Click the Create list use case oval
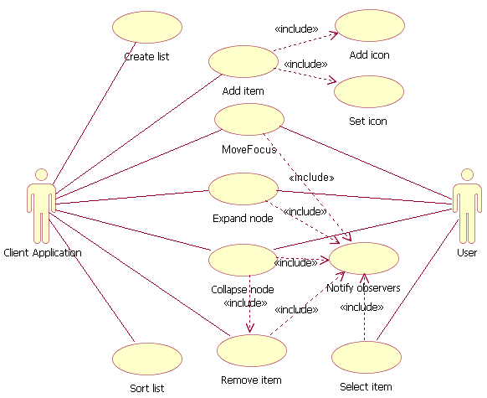(147, 27)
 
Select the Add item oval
(243, 62)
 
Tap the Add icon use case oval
(369, 25)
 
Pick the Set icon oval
(368, 91)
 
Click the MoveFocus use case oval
(249, 120)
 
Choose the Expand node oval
(243, 189)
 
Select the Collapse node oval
(243, 260)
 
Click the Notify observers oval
(363, 259)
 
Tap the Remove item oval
(251, 351)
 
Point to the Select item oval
(366, 358)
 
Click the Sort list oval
(147, 359)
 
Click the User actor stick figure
(467, 205)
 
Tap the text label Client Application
(43, 252)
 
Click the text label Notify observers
(363, 287)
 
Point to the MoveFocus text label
(249, 149)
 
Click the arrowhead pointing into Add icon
(333, 35)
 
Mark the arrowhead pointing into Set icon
(332, 81)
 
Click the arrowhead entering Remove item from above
(249, 331)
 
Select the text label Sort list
(147, 388)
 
